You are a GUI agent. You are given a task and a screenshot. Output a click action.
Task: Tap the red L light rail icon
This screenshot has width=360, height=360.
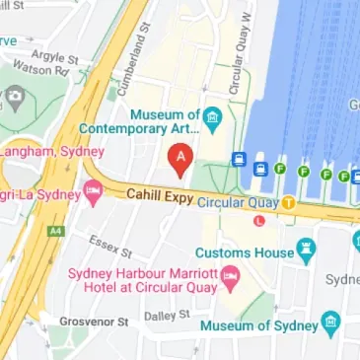point(258,221)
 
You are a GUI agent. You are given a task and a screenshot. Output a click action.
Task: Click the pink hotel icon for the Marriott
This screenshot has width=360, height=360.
point(231,274)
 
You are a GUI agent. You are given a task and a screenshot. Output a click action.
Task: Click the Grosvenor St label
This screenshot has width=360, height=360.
point(93,322)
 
